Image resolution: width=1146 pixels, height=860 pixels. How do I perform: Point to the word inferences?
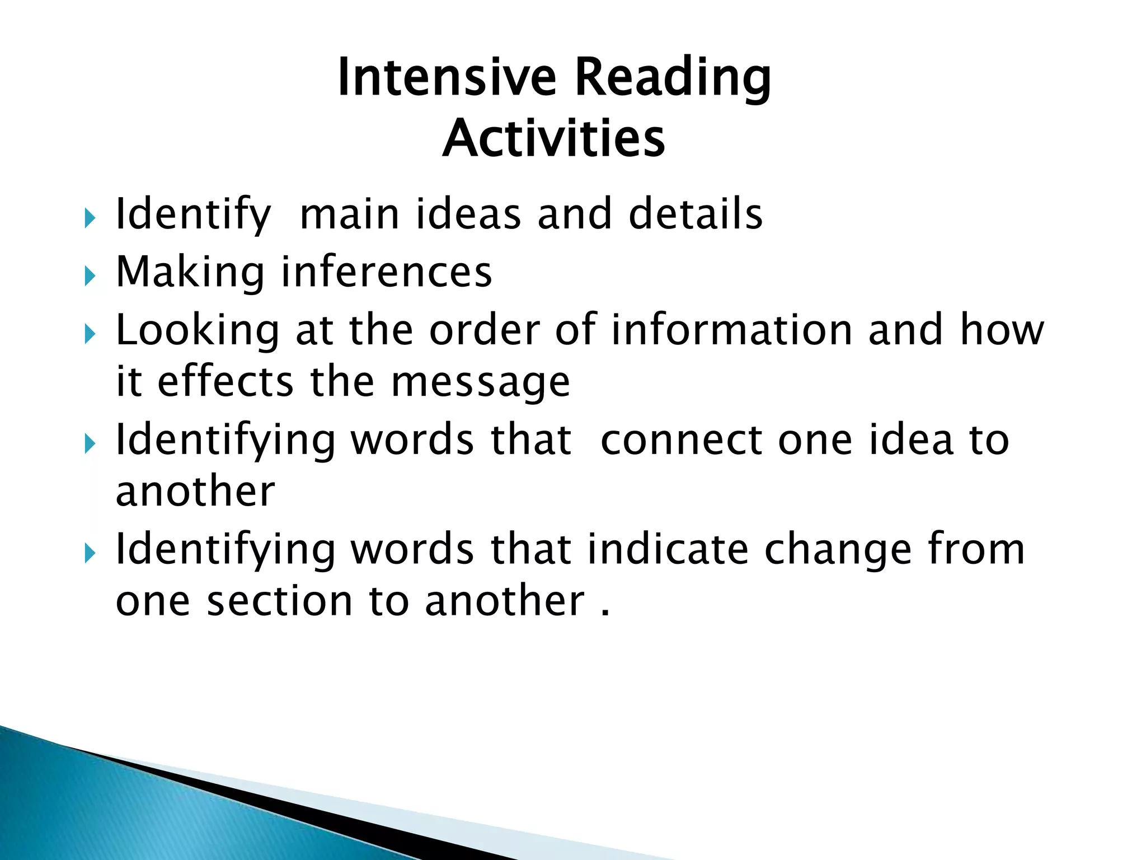386,272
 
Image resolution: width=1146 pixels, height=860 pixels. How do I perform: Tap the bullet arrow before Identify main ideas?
90,218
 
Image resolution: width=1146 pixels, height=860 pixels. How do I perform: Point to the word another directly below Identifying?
195,491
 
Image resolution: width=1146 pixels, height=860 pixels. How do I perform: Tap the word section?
280,601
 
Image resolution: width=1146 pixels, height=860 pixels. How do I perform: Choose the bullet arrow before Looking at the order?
90,334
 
